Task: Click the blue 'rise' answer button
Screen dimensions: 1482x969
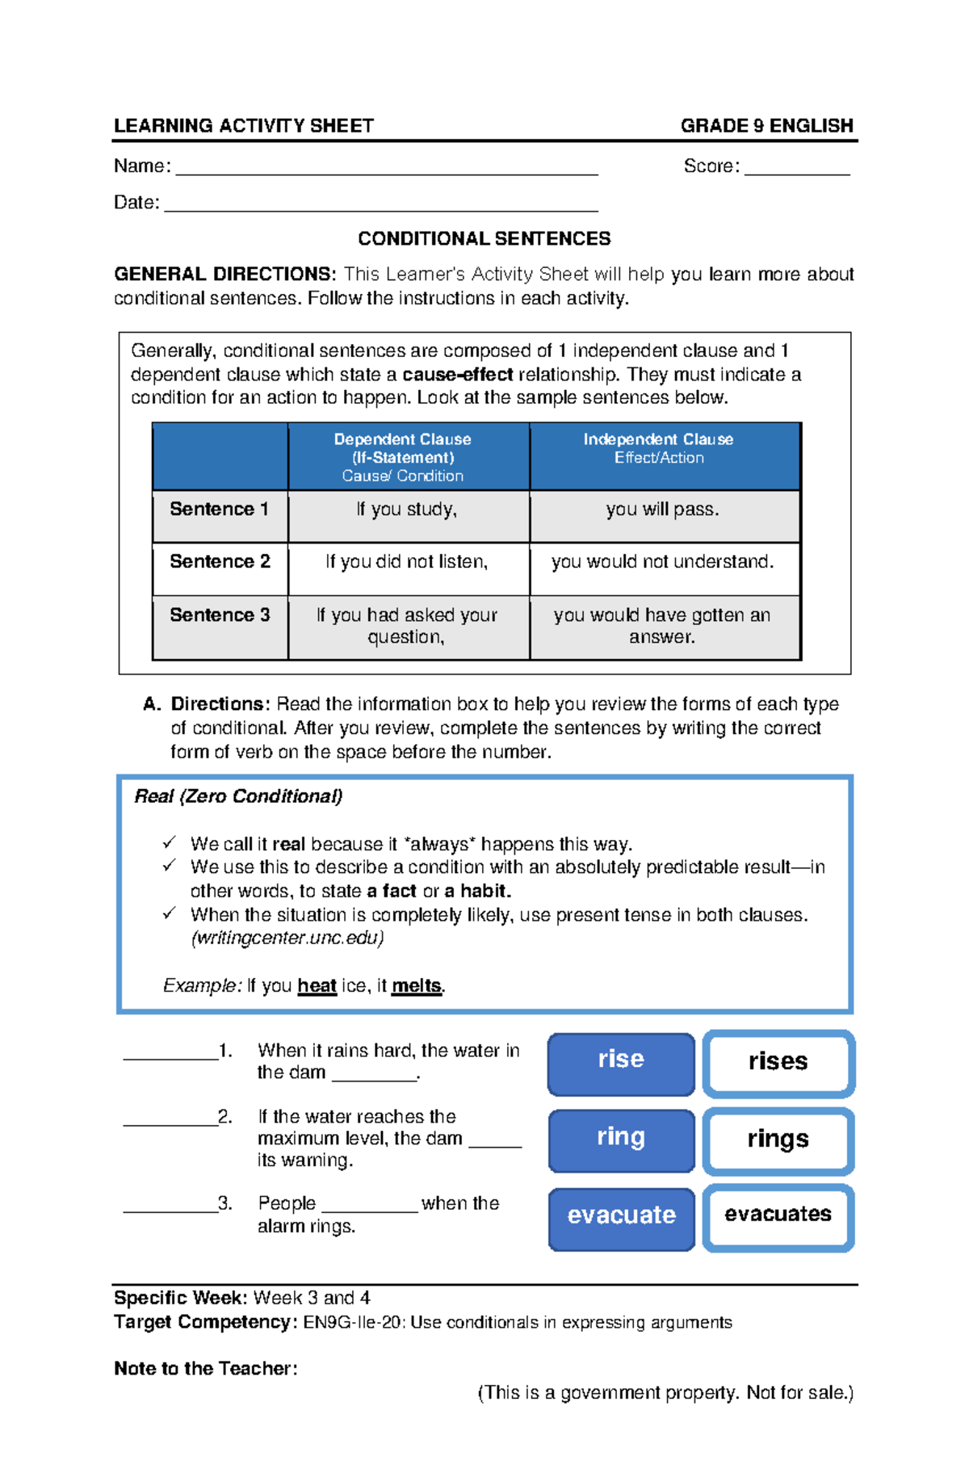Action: [621, 1064]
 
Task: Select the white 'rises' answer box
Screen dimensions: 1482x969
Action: [778, 1064]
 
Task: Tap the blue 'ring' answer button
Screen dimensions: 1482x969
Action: [621, 1140]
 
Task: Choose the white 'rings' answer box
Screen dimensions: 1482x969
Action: [778, 1140]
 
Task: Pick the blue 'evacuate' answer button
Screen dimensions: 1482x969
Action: [621, 1218]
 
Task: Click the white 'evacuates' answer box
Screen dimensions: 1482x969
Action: [778, 1216]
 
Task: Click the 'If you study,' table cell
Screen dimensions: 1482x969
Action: [407, 510]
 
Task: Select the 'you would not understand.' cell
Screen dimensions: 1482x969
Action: [663, 563]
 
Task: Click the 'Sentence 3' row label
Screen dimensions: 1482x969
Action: [220, 616]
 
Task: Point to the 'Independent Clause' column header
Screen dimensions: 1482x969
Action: [658, 440]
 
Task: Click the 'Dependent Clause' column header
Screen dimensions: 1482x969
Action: [402, 440]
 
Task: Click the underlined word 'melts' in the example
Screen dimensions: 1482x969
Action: [416, 986]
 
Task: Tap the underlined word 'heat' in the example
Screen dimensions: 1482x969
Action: [317, 986]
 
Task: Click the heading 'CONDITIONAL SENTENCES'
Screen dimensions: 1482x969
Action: [484, 239]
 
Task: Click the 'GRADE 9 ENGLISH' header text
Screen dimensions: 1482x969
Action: [766, 126]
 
